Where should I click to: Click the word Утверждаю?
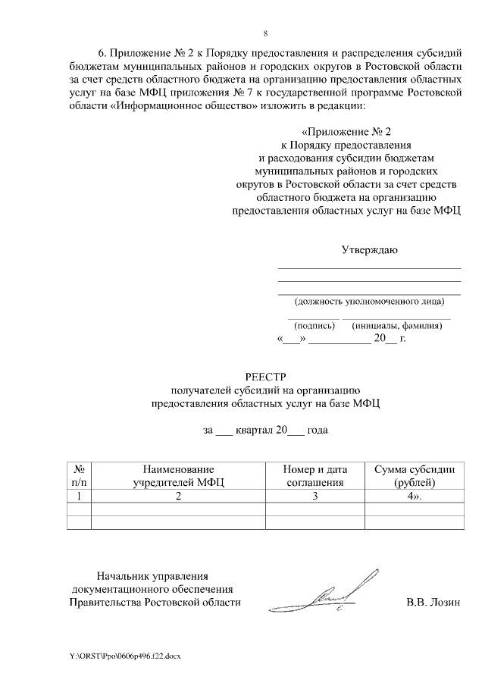[x=368, y=250]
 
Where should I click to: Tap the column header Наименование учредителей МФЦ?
[x=178, y=475]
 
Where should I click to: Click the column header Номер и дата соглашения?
[x=314, y=475]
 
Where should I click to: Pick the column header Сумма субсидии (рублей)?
[x=414, y=475]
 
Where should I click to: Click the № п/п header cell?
[x=79, y=475]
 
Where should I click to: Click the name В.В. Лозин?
[x=433, y=603]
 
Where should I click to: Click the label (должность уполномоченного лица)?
[x=369, y=301]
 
